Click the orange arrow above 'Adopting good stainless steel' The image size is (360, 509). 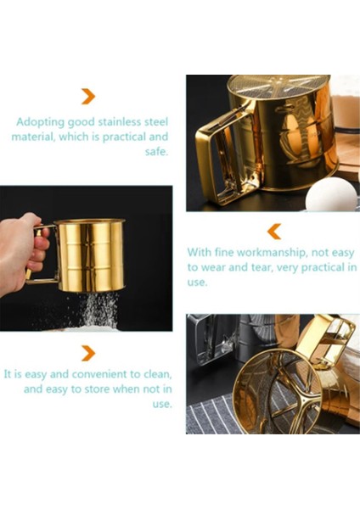pos(88,97)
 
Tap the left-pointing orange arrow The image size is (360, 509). pos(274,232)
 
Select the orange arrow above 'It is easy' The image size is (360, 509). pos(88,353)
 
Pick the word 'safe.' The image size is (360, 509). pos(156,151)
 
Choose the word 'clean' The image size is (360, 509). pos(156,374)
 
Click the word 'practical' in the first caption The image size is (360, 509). pos(123,137)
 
